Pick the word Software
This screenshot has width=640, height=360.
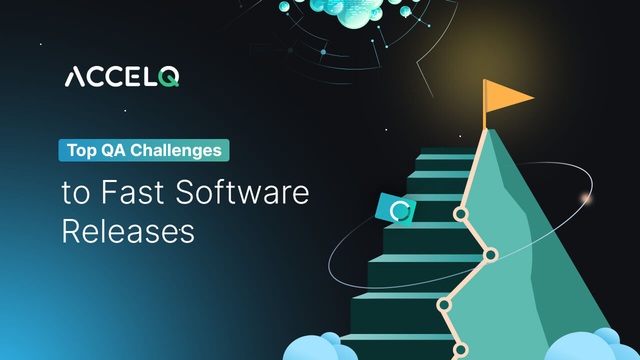click(242, 192)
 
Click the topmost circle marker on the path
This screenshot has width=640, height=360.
click(460, 214)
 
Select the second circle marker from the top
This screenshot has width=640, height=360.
click(490, 255)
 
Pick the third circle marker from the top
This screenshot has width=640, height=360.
click(444, 304)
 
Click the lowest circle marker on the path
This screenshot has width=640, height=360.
click(460, 349)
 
